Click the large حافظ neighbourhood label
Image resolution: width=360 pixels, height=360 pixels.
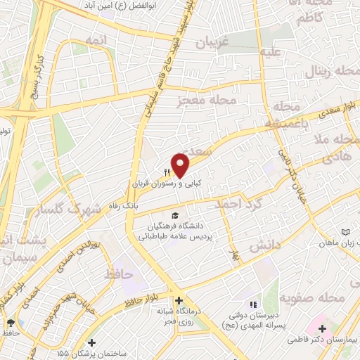pyautogui.click(x=118, y=273)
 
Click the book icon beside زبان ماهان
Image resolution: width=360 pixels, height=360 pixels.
pyautogui.click(x=344, y=231)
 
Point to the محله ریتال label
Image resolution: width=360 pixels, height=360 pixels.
pyautogui.click(x=323, y=71)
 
